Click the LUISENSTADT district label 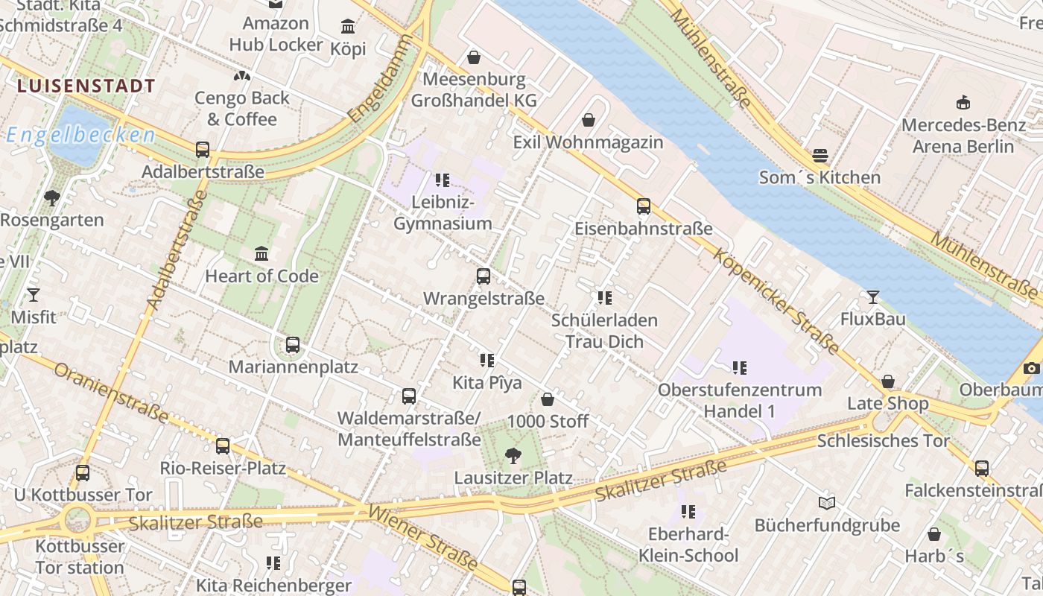pyautogui.click(x=86, y=86)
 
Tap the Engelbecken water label pyautogui.click(x=80, y=135)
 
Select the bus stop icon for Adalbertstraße pyautogui.click(x=203, y=149)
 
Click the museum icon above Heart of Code pyautogui.click(x=261, y=254)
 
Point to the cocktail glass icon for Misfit pyautogui.click(x=33, y=295)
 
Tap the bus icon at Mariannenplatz pyautogui.click(x=293, y=345)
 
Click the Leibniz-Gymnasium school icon pyautogui.click(x=443, y=180)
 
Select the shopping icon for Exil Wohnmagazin pyautogui.click(x=589, y=120)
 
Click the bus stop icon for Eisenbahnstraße pyautogui.click(x=644, y=206)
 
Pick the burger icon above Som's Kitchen pyautogui.click(x=820, y=156)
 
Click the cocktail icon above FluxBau pyautogui.click(x=873, y=297)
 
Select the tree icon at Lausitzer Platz pyautogui.click(x=513, y=455)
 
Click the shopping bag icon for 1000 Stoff pyautogui.click(x=548, y=399)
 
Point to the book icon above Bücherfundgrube pyautogui.click(x=827, y=503)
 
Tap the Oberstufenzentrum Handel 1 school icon pyautogui.click(x=739, y=367)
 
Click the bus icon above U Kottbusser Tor pyautogui.click(x=83, y=472)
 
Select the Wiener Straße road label pyautogui.click(x=422, y=537)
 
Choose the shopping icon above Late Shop pyautogui.click(x=888, y=381)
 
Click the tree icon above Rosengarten pyautogui.click(x=52, y=198)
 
